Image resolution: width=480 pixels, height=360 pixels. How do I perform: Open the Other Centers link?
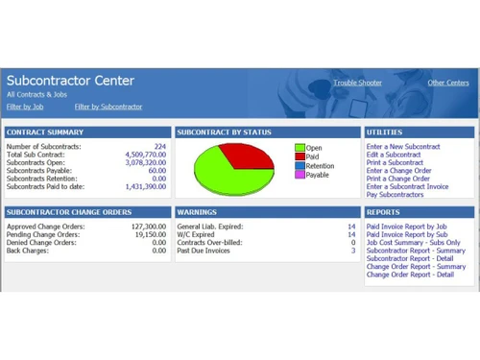(448, 84)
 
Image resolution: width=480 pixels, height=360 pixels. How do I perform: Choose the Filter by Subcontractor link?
(108, 107)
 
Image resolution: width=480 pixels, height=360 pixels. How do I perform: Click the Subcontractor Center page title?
(71, 81)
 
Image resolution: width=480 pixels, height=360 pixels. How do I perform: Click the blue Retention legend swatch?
(299, 165)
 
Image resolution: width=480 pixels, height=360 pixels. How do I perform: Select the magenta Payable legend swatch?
(299, 175)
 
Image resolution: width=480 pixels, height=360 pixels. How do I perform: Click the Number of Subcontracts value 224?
(159, 146)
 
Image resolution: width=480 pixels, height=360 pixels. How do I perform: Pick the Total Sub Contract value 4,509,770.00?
(146, 155)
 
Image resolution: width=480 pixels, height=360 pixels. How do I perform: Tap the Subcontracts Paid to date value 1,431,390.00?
(146, 187)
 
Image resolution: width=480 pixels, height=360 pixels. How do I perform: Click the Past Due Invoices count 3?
(353, 250)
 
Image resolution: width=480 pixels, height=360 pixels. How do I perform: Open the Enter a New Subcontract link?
(403, 146)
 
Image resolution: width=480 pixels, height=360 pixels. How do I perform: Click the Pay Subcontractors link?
(396, 195)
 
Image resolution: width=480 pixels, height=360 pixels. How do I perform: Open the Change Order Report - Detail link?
(410, 275)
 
